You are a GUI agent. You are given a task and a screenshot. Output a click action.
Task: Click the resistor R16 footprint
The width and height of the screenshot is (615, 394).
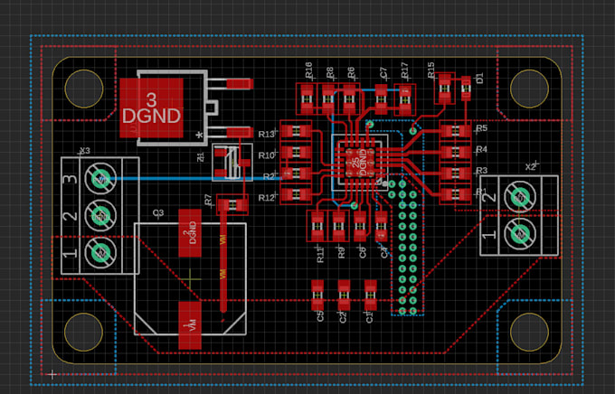coord(305,95)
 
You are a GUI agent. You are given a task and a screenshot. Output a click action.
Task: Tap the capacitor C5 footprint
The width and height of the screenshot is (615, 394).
coord(317,291)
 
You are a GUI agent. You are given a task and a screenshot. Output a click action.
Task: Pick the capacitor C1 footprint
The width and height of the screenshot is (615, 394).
coord(369,291)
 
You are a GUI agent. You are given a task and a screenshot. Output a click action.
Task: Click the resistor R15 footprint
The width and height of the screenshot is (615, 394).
coord(444,88)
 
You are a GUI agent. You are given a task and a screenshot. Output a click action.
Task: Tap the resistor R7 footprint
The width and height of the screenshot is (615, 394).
coord(233,204)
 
